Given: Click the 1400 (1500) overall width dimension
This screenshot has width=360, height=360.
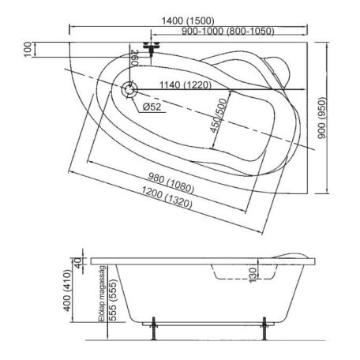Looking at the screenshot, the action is click(188, 21).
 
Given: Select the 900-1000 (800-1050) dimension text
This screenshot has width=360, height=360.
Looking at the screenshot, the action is click(228, 32).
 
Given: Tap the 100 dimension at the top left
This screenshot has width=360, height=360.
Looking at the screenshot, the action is click(28, 49).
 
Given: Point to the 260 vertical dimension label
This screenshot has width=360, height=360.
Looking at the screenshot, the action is click(134, 58).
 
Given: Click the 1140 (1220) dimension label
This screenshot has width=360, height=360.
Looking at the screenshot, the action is click(186, 85).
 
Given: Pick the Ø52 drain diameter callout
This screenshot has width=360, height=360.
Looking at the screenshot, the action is click(152, 107).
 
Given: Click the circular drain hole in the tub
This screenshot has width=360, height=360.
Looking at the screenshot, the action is click(129, 90).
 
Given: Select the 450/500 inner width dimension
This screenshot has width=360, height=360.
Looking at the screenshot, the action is click(218, 115).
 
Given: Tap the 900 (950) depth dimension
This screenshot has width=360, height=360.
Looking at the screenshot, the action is click(321, 118).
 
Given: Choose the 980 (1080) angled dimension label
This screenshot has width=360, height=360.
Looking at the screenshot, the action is click(171, 182).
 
